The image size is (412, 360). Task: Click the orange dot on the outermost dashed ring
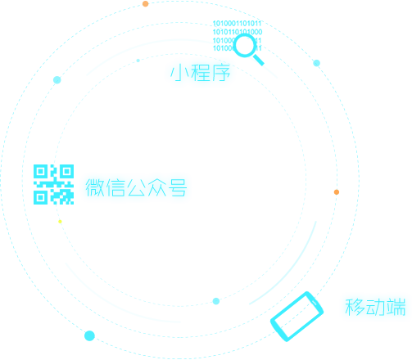pyautogui.click(x=146, y=4)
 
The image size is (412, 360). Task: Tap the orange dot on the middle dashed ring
pyautogui.click(x=337, y=192)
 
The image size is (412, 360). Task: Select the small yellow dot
pyautogui.click(x=60, y=222)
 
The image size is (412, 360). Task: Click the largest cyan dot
pyautogui.click(x=89, y=335)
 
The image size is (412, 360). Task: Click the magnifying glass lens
pyautogui.click(x=245, y=45)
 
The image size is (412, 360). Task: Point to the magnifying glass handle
pyautogui.click(x=259, y=60)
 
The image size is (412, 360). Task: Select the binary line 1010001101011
pyautogui.click(x=237, y=24)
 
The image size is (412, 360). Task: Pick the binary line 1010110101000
pyautogui.click(x=238, y=32)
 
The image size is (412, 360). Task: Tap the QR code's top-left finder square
pyautogui.click(x=41, y=172)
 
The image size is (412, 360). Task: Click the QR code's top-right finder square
pyautogui.click(x=66, y=172)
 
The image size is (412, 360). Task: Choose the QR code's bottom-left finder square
pyautogui.click(x=41, y=197)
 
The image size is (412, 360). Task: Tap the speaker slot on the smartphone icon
pyautogui.click(x=314, y=302)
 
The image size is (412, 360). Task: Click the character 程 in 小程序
pyautogui.click(x=201, y=73)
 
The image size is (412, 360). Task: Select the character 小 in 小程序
pyautogui.click(x=179, y=73)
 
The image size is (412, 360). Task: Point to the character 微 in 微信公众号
pyautogui.click(x=95, y=187)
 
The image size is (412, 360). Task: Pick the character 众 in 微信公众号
pyautogui.click(x=157, y=187)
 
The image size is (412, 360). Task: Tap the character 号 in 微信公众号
pyautogui.click(x=178, y=187)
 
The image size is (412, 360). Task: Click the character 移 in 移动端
pyautogui.click(x=355, y=307)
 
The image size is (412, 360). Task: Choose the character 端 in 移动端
pyautogui.click(x=396, y=307)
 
